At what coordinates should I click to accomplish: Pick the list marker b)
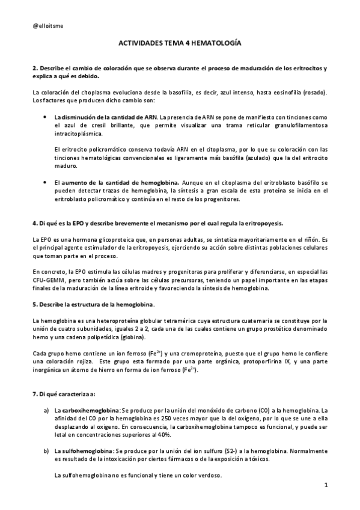click(47, 450)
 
